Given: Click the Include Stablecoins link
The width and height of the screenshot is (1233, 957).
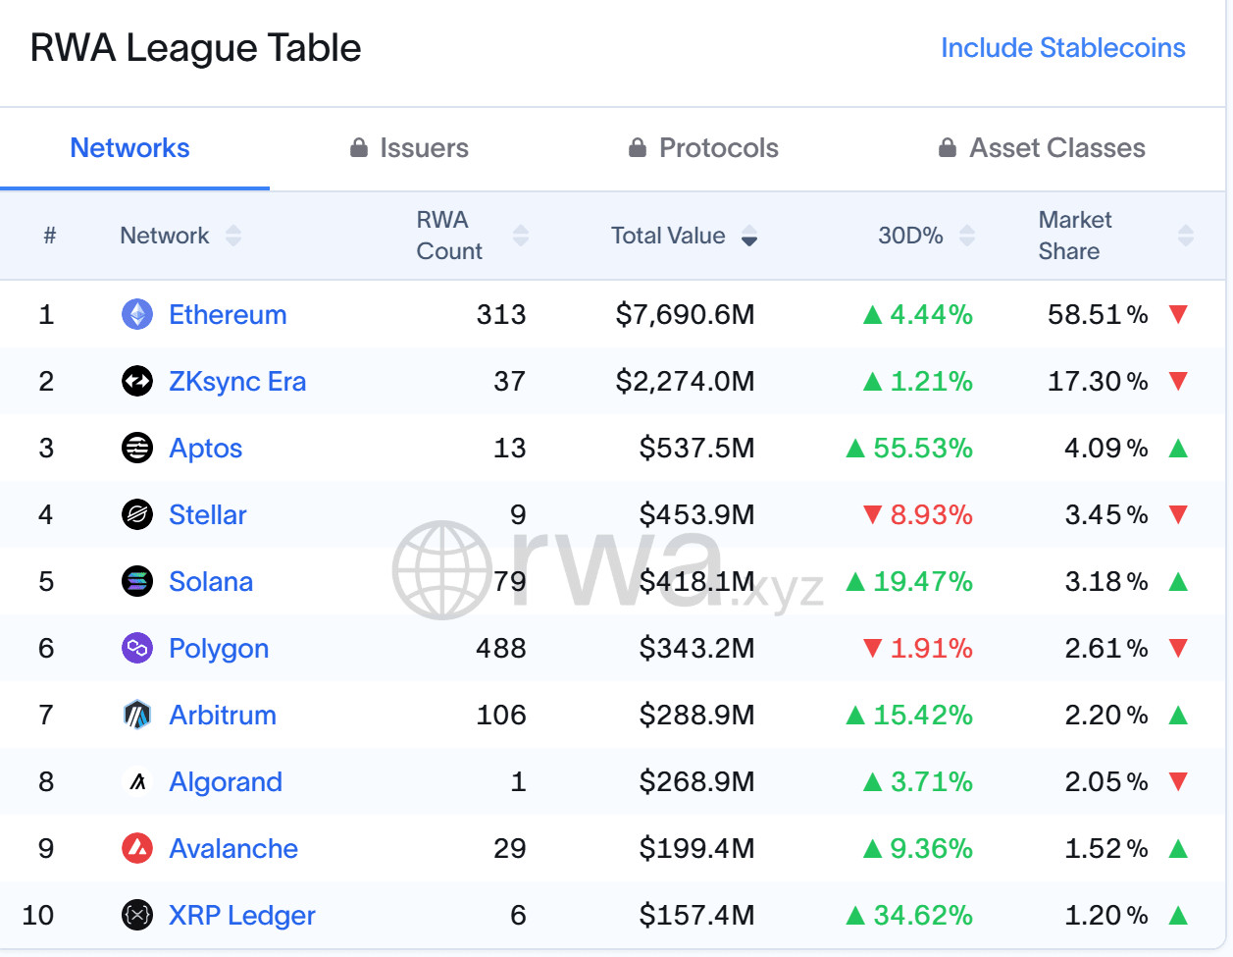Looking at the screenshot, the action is [1062, 48].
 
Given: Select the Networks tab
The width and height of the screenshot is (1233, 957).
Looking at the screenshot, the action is [129, 148].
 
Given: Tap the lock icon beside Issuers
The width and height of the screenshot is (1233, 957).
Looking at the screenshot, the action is [359, 147].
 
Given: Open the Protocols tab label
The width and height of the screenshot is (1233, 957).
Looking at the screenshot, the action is [718, 148].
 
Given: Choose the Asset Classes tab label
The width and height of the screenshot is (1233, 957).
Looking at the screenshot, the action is [1057, 148].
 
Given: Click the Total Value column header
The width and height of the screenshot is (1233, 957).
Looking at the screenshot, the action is [668, 236].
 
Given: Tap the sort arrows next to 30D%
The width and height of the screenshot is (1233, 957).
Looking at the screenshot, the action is [967, 236].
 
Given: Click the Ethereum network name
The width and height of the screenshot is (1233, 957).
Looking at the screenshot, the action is [229, 314].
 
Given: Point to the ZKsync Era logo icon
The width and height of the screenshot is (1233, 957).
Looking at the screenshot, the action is [137, 381].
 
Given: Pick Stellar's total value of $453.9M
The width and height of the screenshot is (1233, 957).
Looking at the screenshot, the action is [696, 515].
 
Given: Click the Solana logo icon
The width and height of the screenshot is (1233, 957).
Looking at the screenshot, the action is [137, 581].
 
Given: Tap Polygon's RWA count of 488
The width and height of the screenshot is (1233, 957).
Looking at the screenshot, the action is [501, 648].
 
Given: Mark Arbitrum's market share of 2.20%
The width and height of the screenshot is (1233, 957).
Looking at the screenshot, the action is [1106, 716].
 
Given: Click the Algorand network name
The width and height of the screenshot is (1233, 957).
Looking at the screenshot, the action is [226, 782].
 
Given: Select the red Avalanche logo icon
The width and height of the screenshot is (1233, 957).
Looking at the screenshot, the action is [137, 849].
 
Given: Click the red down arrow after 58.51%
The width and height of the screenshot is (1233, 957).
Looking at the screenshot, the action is [1178, 314].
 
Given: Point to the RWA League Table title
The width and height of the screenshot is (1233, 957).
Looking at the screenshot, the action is [196, 48].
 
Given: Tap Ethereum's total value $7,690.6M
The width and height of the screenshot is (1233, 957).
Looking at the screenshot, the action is [686, 315].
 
